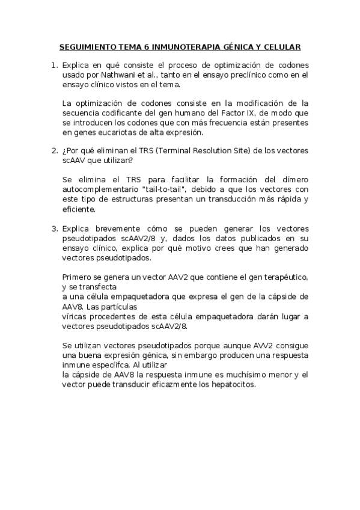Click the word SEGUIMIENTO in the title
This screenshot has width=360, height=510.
(x=88, y=46)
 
